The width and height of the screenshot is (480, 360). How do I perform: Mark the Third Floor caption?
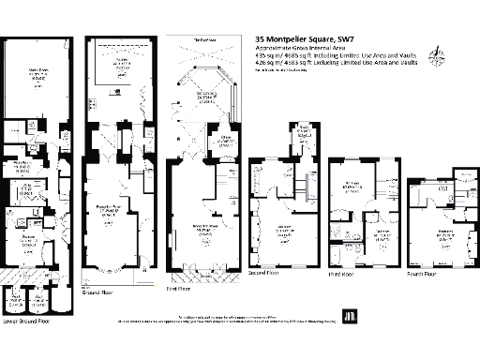(x=348, y=274)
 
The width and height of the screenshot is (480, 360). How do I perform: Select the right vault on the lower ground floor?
(x=38, y=301)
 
